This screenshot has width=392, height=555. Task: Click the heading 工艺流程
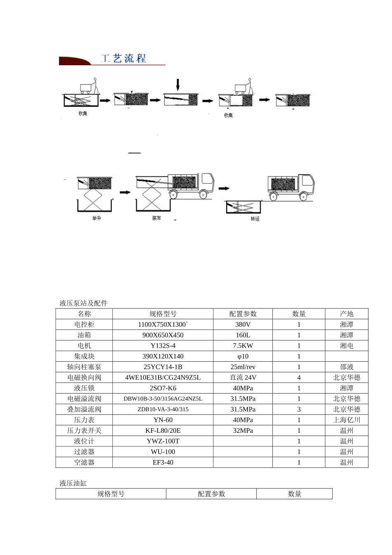[x=124, y=58]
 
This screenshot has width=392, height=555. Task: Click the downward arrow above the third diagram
[x=178, y=85]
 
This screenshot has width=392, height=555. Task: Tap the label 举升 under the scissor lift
[x=97, y=218]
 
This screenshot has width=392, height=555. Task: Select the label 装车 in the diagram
[x=156, y=218]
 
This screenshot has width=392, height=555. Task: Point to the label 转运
[x=255, y=218]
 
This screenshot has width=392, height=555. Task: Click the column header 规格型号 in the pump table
[x=163, y=314]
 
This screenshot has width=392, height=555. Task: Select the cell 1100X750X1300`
[x=163, y=325]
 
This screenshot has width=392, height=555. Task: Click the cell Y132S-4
[x=163, y=346]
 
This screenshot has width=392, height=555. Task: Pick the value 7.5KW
[x=243, y=346]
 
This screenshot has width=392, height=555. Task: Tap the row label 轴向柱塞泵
[x=84, y=367]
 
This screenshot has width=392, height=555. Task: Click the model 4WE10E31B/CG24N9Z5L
[x=163, y=377]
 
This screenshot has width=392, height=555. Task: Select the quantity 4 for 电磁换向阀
[x=299, y=377]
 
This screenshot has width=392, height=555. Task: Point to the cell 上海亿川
[x=347, y=420]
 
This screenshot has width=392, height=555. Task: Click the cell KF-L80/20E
[x=163, y=430]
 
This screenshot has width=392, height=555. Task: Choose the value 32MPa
[x=243, y=430]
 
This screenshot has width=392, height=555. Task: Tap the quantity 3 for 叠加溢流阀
[x=299, y=409]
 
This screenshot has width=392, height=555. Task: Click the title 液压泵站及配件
[x=83, y=303]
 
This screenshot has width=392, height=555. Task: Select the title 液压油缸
[x=73, y=483]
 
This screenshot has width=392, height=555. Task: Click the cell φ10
[x=243, y=356]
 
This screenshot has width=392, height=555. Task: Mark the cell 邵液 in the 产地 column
[x=347, y=367]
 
